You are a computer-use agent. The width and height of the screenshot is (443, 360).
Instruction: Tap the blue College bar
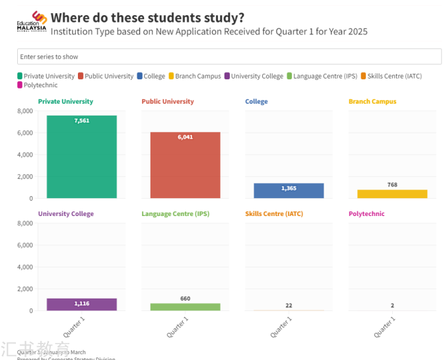[289, 191]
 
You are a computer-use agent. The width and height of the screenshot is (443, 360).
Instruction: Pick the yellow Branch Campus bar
[392, 194]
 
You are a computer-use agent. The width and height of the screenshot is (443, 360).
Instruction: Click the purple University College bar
[81, 305]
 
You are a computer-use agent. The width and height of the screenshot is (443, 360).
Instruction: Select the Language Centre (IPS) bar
[185, 307]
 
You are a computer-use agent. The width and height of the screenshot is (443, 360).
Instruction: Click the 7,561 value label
[82, 121]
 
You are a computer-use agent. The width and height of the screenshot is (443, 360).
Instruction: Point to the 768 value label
[392, 185]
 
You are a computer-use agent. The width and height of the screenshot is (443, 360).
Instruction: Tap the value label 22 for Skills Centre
[289, 305]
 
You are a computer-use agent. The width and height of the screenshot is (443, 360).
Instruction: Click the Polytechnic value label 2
[392, 305]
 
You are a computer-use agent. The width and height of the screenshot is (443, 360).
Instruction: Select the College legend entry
[151, 76]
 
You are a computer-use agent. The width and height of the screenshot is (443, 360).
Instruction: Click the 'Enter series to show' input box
[229, 57]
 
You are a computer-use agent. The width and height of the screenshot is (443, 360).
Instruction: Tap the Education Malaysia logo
[32, 22]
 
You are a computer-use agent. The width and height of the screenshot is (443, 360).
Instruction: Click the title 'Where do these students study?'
[147, 18]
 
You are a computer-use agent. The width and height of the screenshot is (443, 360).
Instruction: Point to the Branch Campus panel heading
[372, 102]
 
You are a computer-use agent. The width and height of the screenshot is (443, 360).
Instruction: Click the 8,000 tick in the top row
[24, 111]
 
